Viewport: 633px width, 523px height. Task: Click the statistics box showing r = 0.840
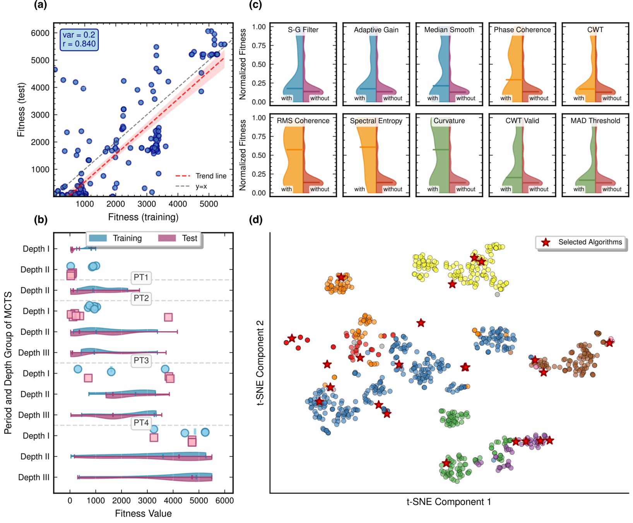[x=79, y=40]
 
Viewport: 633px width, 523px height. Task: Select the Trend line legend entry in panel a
[x=201, y=176]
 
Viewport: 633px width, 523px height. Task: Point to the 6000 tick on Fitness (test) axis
[x=40, y=33]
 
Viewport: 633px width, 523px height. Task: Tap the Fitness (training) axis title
[x=143, y=217]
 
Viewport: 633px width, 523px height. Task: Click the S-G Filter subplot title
[x=303, y=30]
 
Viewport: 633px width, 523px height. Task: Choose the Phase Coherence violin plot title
[x=522, y=30]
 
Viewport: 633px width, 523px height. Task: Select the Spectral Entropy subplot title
[x=376, y=121]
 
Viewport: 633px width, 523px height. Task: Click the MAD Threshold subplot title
[x=595, y=121]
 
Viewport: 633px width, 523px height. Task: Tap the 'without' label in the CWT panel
[x=612, y=98]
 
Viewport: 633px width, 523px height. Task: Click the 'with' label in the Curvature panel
[x=433, y=189]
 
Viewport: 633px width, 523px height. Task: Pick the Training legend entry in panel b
[x=116, y=238]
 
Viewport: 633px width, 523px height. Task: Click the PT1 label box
[x=141, y=277]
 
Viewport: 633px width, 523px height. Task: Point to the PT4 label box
[x=141, y=423]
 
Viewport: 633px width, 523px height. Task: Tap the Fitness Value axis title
[x=143, y=513]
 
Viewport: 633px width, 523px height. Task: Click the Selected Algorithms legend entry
[x=582, y=242]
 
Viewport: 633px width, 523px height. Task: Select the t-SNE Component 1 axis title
[x=448, y=502]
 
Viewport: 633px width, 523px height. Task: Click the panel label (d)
[x=255, y=220]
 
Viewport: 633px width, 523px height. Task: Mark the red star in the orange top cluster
[x=341, y=277]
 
